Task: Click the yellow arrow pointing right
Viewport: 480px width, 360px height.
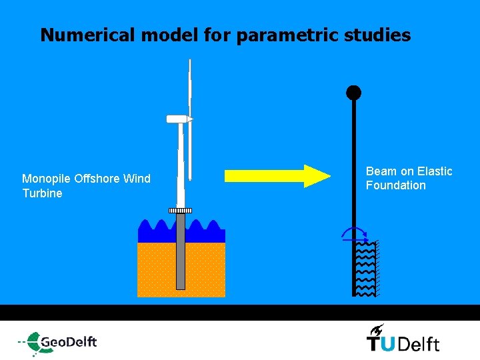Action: pos(277,175)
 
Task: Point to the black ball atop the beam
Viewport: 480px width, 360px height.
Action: pos(353,93)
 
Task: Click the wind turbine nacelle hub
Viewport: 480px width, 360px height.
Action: pos(179,119)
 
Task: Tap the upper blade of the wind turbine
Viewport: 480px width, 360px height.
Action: pos(190,87)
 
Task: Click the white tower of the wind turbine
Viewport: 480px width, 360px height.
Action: pos(181,167)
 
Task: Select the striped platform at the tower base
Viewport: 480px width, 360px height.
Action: pos(180,211)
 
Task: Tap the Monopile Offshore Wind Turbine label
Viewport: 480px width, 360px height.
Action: pos(86,186)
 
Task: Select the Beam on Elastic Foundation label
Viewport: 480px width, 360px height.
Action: pos(409,179)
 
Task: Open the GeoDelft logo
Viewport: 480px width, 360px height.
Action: pos(59,342)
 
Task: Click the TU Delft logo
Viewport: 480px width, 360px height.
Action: pos(403,342)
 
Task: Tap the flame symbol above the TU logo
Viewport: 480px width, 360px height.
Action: pos(377,329)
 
